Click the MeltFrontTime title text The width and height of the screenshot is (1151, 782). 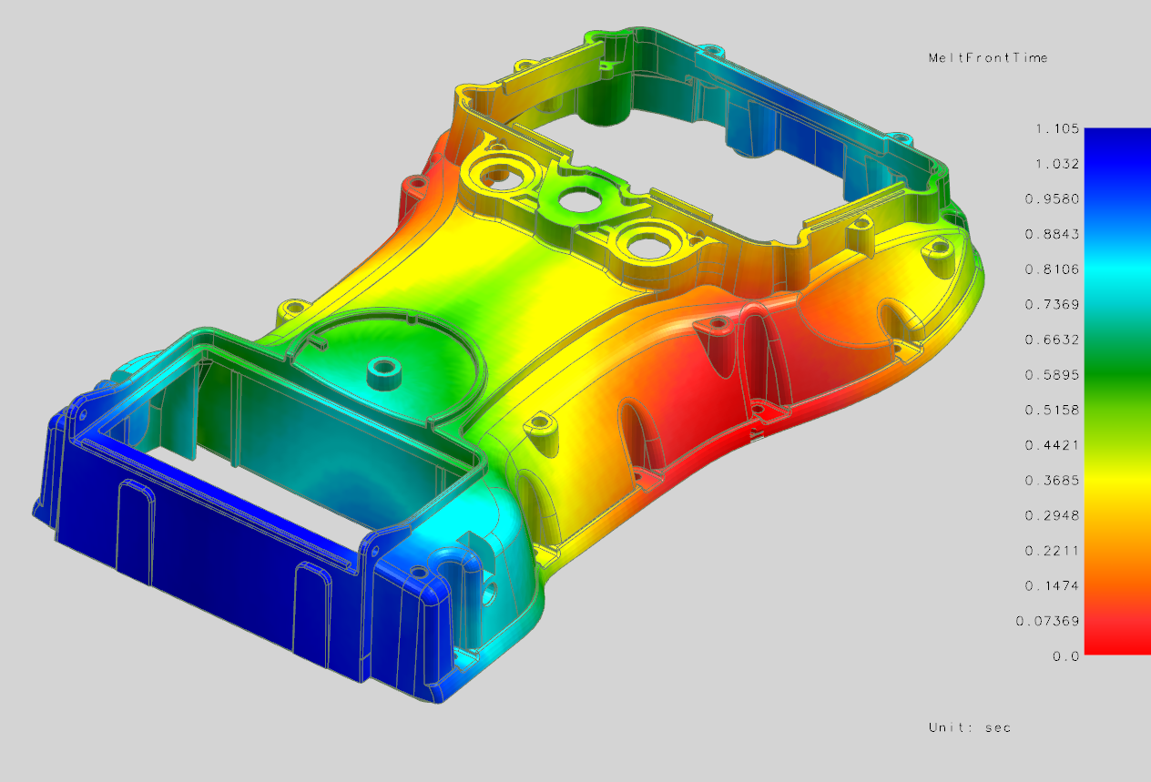point(987,57)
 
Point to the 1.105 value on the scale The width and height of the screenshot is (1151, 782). point(1056,129)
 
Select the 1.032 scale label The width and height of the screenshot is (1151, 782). point(1056,164)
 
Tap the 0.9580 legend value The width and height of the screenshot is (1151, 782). point(1056,199)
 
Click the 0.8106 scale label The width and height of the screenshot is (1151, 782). point(1056,269)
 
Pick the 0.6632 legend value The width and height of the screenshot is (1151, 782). point(1056,340)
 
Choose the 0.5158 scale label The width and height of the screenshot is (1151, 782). point(1056,410)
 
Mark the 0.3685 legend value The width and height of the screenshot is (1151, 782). point(1056,480)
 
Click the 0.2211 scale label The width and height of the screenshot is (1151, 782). point(1056,550)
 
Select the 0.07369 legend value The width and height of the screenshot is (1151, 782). point(1054,621)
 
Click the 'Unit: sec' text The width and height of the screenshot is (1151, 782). point(970,727)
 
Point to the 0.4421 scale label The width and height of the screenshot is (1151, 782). point(1056,445)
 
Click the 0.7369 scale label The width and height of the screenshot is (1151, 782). point(1056,304)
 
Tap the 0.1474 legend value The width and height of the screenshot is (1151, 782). point(1056,585)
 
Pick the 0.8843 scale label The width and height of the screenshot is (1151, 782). point(1056,234)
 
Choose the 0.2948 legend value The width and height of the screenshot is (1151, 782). point(1056,515)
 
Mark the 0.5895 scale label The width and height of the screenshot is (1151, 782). point(1056,375)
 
